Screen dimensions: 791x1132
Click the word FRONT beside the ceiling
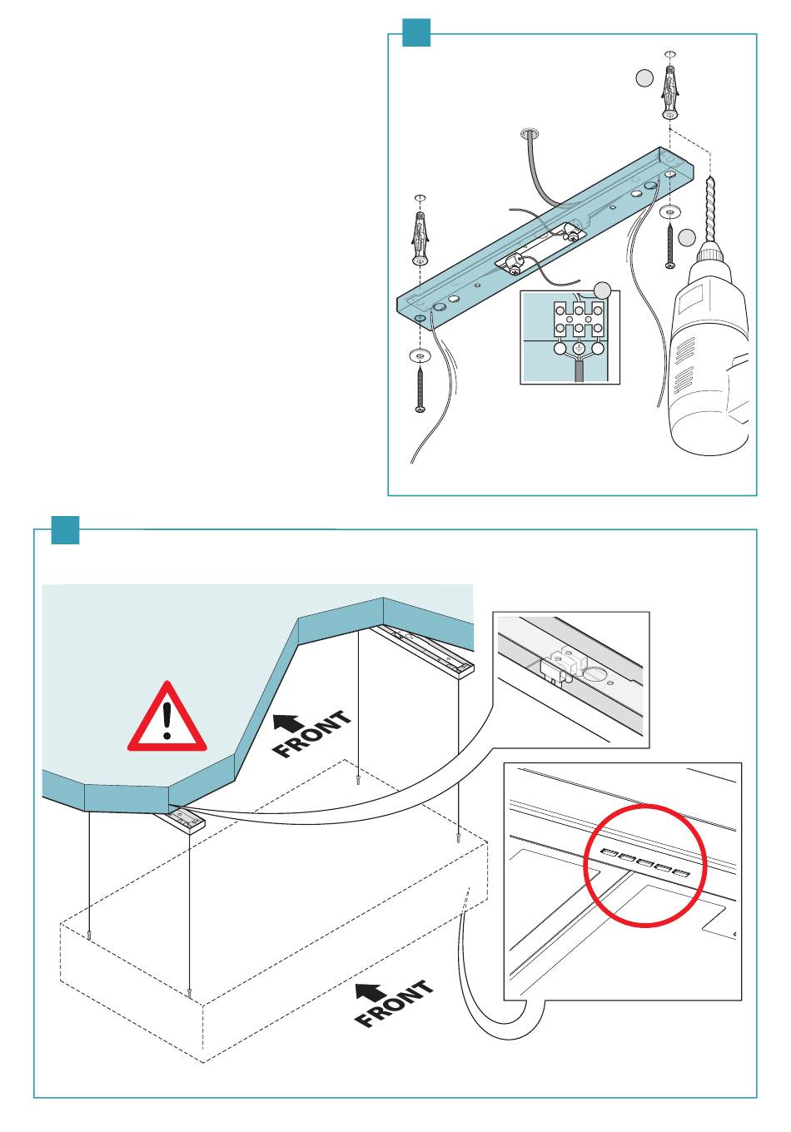[312, 734]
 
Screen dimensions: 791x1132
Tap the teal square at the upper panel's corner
[416, 32]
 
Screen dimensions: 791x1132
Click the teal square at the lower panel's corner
[65, 530]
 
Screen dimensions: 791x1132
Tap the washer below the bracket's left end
[420, 355]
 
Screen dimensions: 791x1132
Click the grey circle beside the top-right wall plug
[644, 78]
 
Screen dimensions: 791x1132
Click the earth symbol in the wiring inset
[578, 348]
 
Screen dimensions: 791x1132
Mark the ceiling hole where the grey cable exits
[530, 134]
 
